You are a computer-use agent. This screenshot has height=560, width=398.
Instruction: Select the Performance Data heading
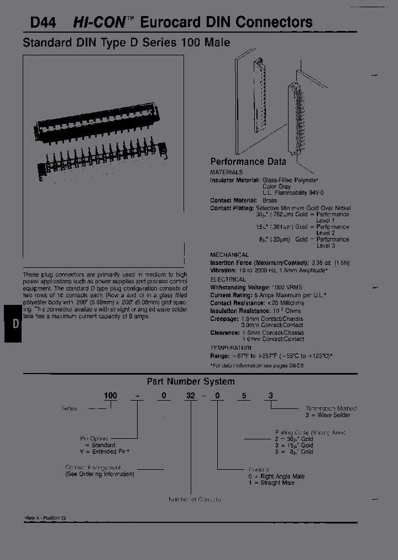coord(248,162)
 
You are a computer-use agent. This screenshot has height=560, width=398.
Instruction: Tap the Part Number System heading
coord(190,381)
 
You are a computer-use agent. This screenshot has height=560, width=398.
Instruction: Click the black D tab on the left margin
coord(14,324)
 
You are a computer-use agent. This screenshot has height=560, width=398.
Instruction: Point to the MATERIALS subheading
coord(226,173)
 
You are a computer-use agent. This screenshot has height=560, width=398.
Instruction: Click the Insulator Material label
coord(234,180)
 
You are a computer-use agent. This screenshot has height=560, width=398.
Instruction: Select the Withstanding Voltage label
coord(239,288)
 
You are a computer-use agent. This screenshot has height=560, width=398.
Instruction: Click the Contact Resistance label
coord(237,303)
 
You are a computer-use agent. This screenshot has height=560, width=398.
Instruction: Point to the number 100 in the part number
coord(111,396)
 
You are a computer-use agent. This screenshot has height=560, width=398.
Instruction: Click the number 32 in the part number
coord(190,396)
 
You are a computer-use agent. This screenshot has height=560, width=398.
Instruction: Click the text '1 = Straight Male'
coord(271,483)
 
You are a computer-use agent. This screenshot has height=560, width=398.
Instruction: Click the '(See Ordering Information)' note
coord(99,474)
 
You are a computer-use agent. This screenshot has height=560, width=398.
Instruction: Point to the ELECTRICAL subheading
coord(228,280)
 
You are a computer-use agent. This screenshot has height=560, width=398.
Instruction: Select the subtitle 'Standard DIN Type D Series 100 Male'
coord(126,43)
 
